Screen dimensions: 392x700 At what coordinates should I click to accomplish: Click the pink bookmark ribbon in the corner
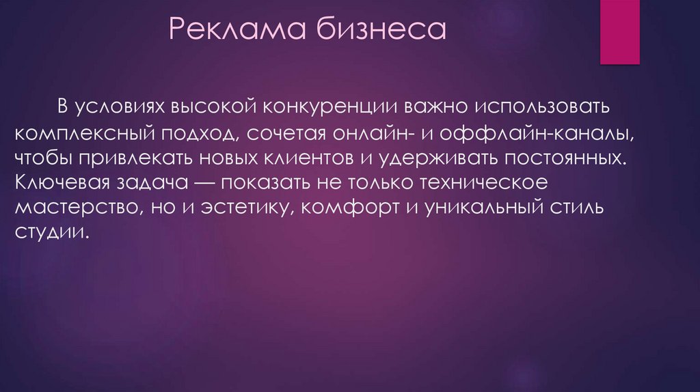coord(619,32)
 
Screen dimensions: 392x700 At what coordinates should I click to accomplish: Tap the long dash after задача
coord(204,183)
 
